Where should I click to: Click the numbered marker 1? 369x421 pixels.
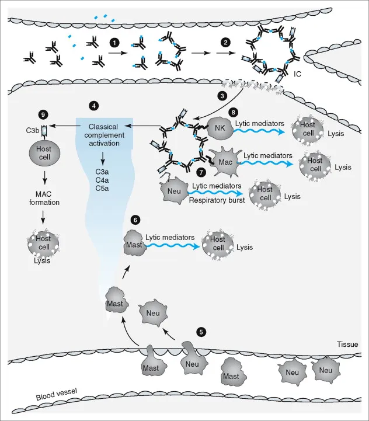pos(115,43)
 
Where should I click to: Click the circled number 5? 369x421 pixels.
pos(201,332)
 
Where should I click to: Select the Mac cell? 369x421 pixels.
pos(224,160)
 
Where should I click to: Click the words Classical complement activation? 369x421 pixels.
pos(103,135)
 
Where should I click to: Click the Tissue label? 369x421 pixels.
pos(347,345)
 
